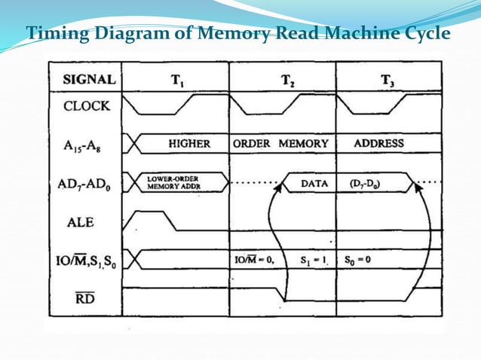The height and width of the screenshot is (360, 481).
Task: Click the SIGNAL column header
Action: point(89,79)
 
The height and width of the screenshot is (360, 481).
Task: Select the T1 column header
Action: point(174,79)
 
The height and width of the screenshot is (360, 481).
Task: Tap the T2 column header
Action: point(287,80)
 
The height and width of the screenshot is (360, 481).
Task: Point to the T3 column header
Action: point(387,80)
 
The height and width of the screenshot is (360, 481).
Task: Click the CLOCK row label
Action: point(86,105)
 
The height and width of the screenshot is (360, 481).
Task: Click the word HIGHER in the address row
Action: point(189,143)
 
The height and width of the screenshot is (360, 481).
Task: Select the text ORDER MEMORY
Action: point(281,143)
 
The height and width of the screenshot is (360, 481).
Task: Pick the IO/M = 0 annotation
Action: point(254,261)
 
